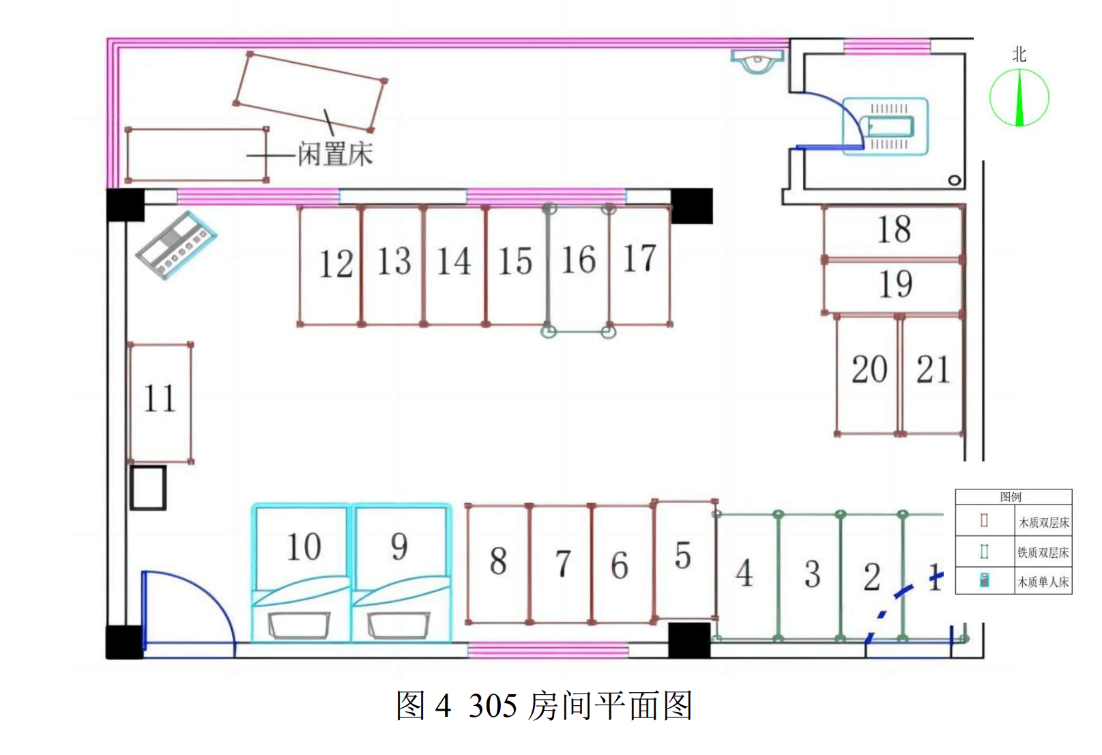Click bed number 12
coord(331,265)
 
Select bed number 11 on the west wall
coord(160,401)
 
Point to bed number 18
coord(893,231)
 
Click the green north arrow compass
coord(1019,98)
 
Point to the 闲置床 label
coord(335,155)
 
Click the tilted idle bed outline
coord(310,91)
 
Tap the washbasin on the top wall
coord(757,61)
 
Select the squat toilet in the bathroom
coord(886,127)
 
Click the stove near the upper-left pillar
coord(176,245)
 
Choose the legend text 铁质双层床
coord(1043,552)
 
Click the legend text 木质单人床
coord(1043,582)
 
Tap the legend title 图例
coord(1011,497)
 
